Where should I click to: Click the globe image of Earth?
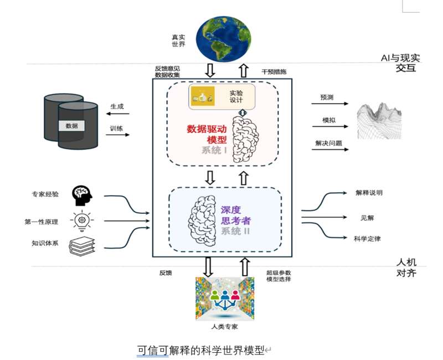[x=224, y=38]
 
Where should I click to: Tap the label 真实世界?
[x=178, y=40]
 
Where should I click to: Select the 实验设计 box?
[x=222, y=96]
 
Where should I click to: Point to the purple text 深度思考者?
[x=236, y=215]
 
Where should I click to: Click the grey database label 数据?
[x=72, y=126]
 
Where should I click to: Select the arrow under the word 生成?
[x=117, y=114]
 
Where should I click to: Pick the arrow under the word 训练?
[x=117, y=135]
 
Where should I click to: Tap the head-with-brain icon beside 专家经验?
[x=82, y=196]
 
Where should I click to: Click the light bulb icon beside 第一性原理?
[x=82, y=220]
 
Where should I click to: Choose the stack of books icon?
[x=82, y=246]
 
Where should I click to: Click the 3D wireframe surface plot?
[x=379, y=121]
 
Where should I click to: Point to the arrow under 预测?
[x=329, y=104]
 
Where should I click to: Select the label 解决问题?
[x=328, y=143]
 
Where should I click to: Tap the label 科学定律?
[x=367, y=239]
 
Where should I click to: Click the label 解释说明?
[x=369, y=193]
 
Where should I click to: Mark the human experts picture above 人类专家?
[x=225, y=299]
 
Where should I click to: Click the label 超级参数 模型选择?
[x=279, y=276]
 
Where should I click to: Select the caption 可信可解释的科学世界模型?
[x=200, y=351]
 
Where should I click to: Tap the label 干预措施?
[x=274, y=72]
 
